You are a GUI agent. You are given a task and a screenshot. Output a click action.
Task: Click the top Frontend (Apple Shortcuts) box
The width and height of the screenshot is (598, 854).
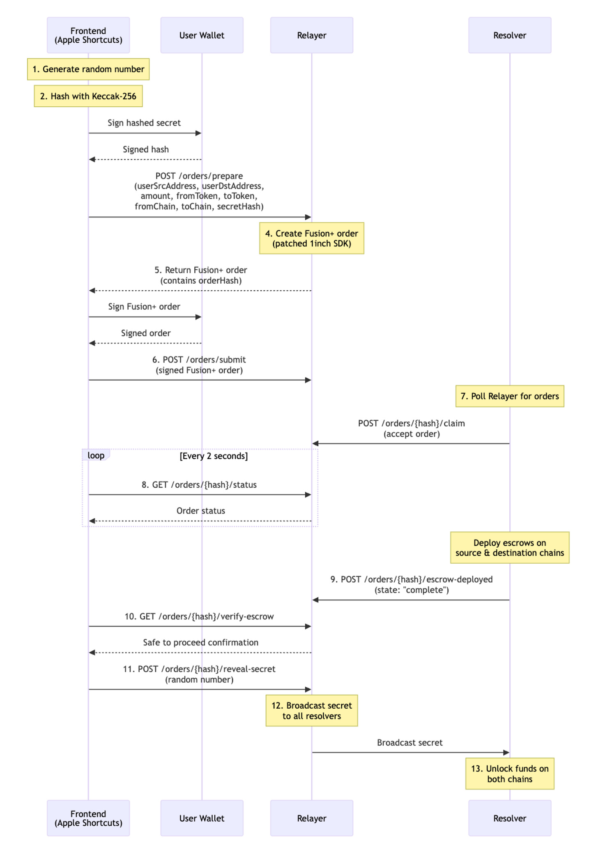coord(88,35)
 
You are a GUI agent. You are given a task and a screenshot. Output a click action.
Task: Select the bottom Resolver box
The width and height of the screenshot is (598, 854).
coord(510,818)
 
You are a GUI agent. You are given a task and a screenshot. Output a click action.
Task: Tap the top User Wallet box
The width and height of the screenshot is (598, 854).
coord(202,35)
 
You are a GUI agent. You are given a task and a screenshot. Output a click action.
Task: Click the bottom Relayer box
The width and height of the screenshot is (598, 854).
coord(311,818)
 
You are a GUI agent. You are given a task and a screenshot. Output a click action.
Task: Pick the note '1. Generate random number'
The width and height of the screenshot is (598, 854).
coord(88,69)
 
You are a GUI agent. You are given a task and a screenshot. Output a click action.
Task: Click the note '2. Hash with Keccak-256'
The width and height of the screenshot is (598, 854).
coord(88,96)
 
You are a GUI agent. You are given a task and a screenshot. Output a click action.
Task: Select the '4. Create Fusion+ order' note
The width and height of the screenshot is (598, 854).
coord(311,238)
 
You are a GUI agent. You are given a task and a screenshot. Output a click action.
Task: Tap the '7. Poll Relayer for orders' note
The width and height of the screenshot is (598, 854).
coord(510,396)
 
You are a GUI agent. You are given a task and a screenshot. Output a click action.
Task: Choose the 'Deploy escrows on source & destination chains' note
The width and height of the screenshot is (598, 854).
coord(510,548)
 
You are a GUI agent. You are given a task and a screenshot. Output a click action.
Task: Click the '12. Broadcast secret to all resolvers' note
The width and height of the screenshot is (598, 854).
coord(311,710)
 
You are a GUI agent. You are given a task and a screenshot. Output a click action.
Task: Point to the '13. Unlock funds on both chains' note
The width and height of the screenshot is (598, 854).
coord(510,774)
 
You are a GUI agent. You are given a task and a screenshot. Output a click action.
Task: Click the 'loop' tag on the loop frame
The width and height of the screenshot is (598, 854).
coord(96,455)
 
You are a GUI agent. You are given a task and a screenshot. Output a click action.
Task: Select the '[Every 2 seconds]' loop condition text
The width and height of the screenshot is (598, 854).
coord(214,456)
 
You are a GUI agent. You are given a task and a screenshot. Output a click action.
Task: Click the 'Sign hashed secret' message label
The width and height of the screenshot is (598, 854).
coord(144,123)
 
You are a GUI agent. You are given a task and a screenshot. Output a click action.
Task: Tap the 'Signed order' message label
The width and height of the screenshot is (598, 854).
coord(146,333)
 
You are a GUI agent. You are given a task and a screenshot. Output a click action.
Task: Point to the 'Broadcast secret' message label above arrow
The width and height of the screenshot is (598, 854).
coord(409,742)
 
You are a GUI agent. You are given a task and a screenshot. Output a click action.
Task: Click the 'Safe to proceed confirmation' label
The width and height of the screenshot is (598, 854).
coord(200,642)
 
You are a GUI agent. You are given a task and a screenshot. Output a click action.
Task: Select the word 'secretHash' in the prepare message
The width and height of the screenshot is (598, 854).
coord(239,207)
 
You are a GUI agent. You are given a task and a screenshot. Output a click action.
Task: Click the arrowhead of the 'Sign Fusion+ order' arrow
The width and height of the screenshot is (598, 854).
coord(199,317)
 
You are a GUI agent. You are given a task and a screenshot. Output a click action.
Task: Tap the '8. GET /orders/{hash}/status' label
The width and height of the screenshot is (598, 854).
coord(199,484)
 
